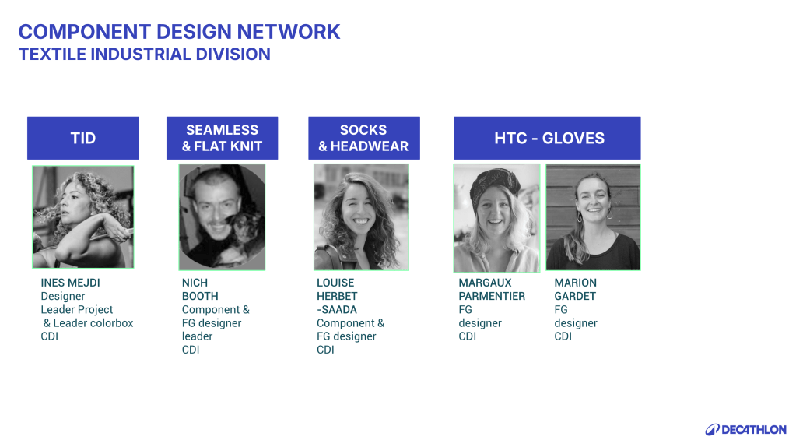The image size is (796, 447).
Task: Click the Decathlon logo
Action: (745, 430)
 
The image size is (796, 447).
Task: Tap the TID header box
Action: (82, 138)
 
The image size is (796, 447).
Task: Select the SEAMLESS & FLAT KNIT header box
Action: (222, 138)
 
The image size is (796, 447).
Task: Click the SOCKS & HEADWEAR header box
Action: (364, 138)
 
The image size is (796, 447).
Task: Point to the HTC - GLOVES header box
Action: (547, 138)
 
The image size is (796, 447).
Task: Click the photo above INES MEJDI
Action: (82, 217)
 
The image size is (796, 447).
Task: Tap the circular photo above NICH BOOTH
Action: (222, 217)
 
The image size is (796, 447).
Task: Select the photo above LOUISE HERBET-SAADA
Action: (361, 217)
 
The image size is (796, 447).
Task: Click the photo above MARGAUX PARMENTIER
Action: (496, 218)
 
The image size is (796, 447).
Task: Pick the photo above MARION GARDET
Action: (593, 217)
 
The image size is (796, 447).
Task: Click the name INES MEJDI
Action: (70, 283)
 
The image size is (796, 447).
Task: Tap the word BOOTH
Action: (200, 296)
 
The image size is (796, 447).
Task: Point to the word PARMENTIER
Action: (492, 296)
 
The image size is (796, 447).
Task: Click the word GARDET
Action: (575, 296)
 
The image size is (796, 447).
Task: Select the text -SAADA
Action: (337, 310)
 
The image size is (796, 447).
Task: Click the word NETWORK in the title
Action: (289, 31)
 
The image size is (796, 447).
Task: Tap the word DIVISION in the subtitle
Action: (233, 55)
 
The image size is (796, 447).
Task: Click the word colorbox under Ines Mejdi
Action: (109, 323)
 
